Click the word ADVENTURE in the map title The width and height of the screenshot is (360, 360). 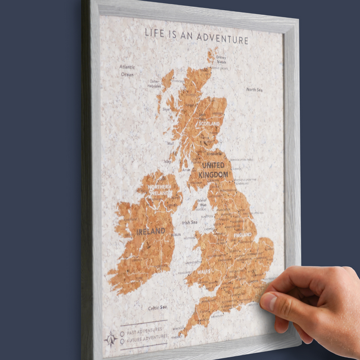tap(220, 40)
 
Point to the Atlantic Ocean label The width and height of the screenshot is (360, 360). tap(127, 70)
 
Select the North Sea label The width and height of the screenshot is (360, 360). tap(254, 89)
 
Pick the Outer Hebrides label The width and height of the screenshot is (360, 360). tap(155, 84)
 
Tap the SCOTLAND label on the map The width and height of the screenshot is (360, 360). tap(208, 123)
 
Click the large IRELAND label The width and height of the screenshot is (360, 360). tap(151, 231)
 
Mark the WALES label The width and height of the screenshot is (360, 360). tap(203, 272)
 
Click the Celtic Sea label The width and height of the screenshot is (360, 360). tap(157, 307)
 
